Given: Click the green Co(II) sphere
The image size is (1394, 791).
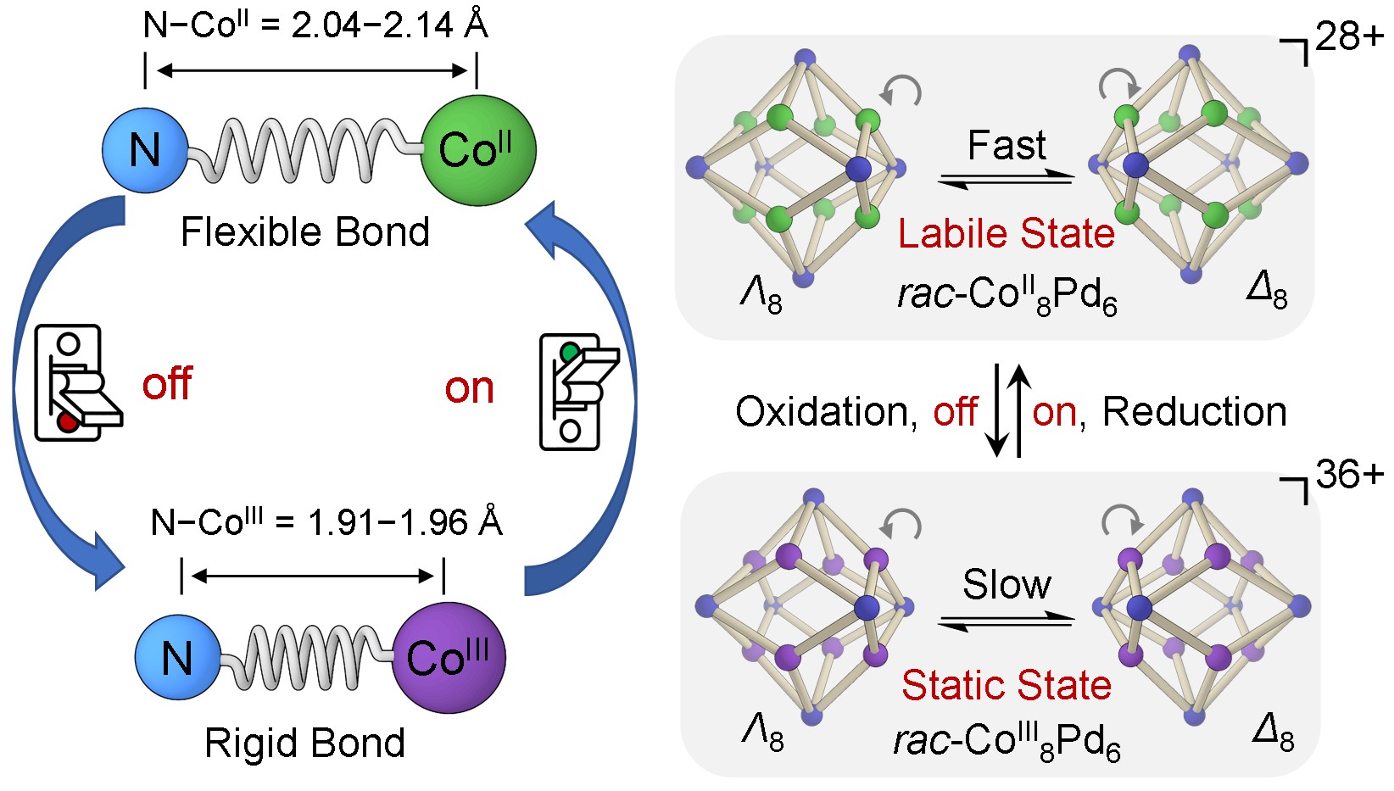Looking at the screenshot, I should pos(478,150).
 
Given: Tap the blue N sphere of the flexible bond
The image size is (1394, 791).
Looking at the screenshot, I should pos(144,150).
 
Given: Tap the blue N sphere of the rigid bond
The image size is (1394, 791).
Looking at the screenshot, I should pos(177,658).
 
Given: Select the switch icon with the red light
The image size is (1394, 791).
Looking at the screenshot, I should pos(75,383).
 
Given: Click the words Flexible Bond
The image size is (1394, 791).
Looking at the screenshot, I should pos(305,232).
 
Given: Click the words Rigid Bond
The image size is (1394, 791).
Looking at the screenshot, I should pos(305,743).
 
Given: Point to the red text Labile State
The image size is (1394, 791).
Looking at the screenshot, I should pos(1006,233).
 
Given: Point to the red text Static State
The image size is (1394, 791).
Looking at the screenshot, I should pos(1006,685).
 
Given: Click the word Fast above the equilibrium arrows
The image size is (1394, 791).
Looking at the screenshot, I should pos(1006,146).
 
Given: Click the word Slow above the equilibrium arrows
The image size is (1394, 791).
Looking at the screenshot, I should pos(1006,584).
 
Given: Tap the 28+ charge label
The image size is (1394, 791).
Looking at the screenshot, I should pos(1348,37).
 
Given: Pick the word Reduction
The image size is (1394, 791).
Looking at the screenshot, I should pos(1195,412).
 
